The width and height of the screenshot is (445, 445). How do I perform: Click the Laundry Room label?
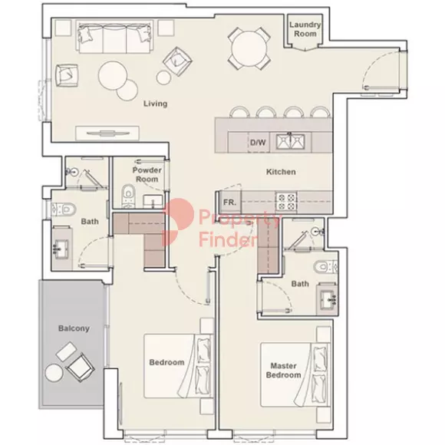[x=305, y=29]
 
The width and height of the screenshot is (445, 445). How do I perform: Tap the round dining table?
[x=249, y=48]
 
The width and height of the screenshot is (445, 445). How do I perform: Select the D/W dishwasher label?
[x=258, y=142]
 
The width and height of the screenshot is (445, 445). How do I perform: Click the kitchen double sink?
[x=290, y=142]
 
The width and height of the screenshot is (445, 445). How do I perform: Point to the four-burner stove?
[x=286, y=202]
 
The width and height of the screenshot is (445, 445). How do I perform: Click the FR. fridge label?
[x=229, y=203]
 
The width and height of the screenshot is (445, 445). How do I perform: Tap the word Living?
[x=155, y=104]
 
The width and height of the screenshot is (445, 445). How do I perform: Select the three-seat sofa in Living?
[x=114, y=39]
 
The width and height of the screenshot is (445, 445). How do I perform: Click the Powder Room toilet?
[x=128, y=196]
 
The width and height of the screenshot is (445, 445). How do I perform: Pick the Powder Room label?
[x=147, y=174]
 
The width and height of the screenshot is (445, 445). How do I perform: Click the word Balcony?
[x=74, y=328]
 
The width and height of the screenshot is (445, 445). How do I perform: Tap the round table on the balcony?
[x=54, y=373]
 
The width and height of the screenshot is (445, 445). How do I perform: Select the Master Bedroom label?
[x=284, y=371]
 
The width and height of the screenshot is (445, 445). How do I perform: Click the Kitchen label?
[x=281, y=172]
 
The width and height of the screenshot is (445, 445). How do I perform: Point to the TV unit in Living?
[x=107, y=133]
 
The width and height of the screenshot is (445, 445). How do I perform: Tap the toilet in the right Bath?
[x=326, y=267]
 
